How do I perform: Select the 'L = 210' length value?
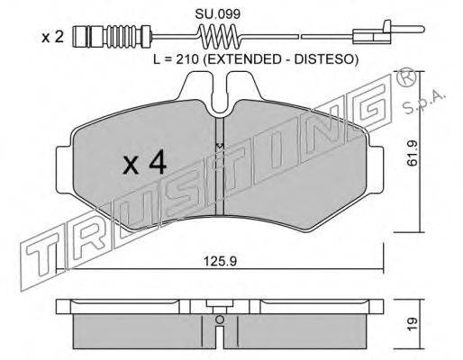coord(175,59)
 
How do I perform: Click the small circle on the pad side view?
coord(219,316)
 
